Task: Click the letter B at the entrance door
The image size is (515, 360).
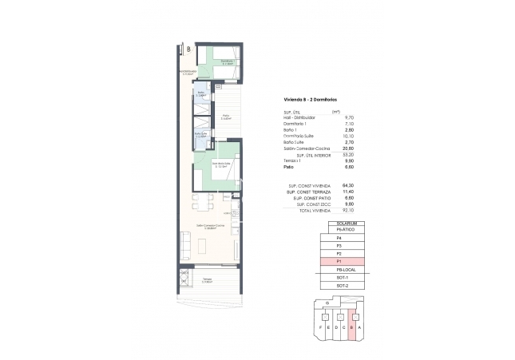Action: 188,49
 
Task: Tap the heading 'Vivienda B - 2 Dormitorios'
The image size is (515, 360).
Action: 311,99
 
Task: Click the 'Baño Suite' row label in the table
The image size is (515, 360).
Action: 294,141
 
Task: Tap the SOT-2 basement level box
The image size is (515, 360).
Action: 343,285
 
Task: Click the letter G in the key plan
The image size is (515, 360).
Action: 327,303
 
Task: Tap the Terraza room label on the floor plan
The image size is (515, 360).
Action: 206,279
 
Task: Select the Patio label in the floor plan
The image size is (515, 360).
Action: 226,116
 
